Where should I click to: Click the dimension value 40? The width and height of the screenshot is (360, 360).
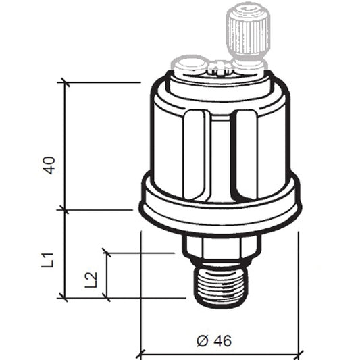point(49,165)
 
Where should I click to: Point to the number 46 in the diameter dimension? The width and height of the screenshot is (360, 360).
point(222,341)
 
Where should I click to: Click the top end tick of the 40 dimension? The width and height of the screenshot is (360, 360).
point(66,82)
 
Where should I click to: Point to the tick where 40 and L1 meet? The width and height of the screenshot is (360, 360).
point(66,209)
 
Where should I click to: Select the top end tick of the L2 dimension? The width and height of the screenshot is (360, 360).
point(107,253)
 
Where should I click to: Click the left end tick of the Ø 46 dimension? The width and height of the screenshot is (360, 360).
point(140,353)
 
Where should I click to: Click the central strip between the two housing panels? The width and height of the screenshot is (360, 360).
point(221,155)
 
